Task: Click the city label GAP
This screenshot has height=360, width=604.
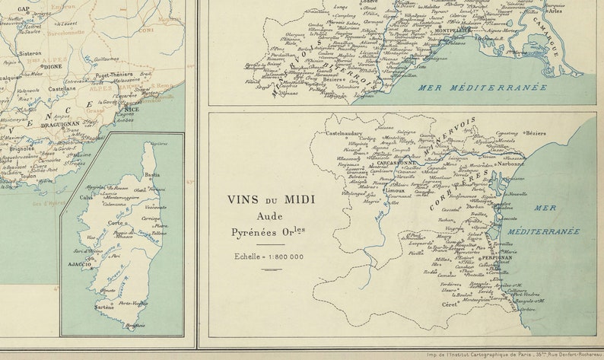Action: [x=24, y=9]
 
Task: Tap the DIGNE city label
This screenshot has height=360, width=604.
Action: [x=52, y=66]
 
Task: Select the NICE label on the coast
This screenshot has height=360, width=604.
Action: [x=132, y=109]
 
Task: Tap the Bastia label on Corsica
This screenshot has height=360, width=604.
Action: [x=153, y=174]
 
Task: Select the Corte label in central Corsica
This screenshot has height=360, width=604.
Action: [x=115, y=223]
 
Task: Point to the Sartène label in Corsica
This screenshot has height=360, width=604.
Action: [x=104, y=307]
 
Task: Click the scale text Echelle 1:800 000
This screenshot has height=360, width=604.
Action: [x=269, y=257]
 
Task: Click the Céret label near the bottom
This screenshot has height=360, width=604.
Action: [x=449, y=304]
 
